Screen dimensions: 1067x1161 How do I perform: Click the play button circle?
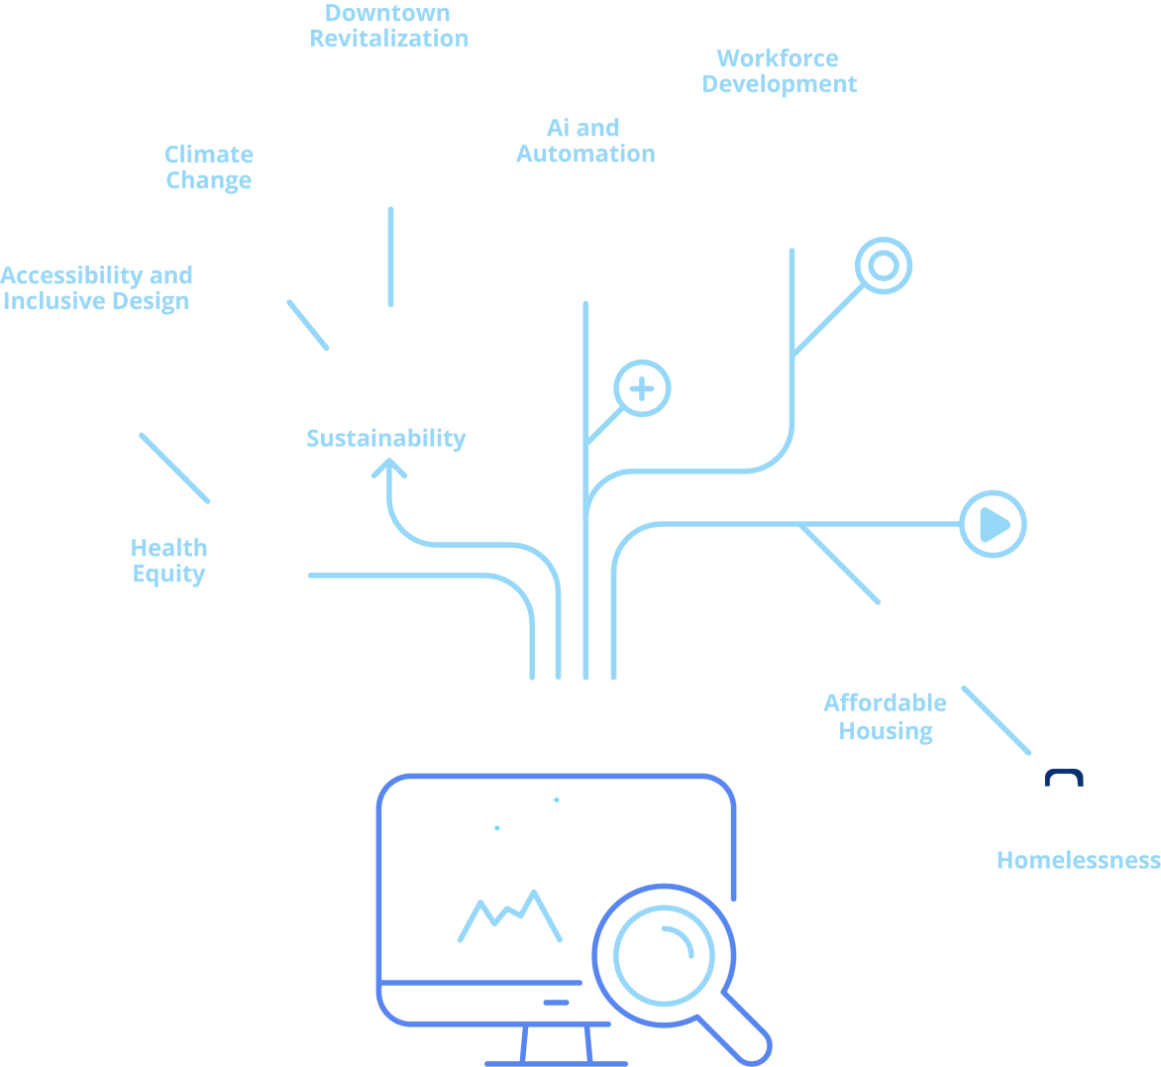click(x=994, y=524)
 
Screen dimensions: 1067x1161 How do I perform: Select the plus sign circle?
click(x=642, y=388)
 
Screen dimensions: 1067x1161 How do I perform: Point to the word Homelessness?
click(x=1078, y=860)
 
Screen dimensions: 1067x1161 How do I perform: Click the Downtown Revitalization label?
click(x=388, y=27)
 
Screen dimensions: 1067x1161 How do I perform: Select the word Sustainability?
click(x=385, y=439)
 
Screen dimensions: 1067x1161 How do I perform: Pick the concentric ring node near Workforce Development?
click(x=884, y=266)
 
